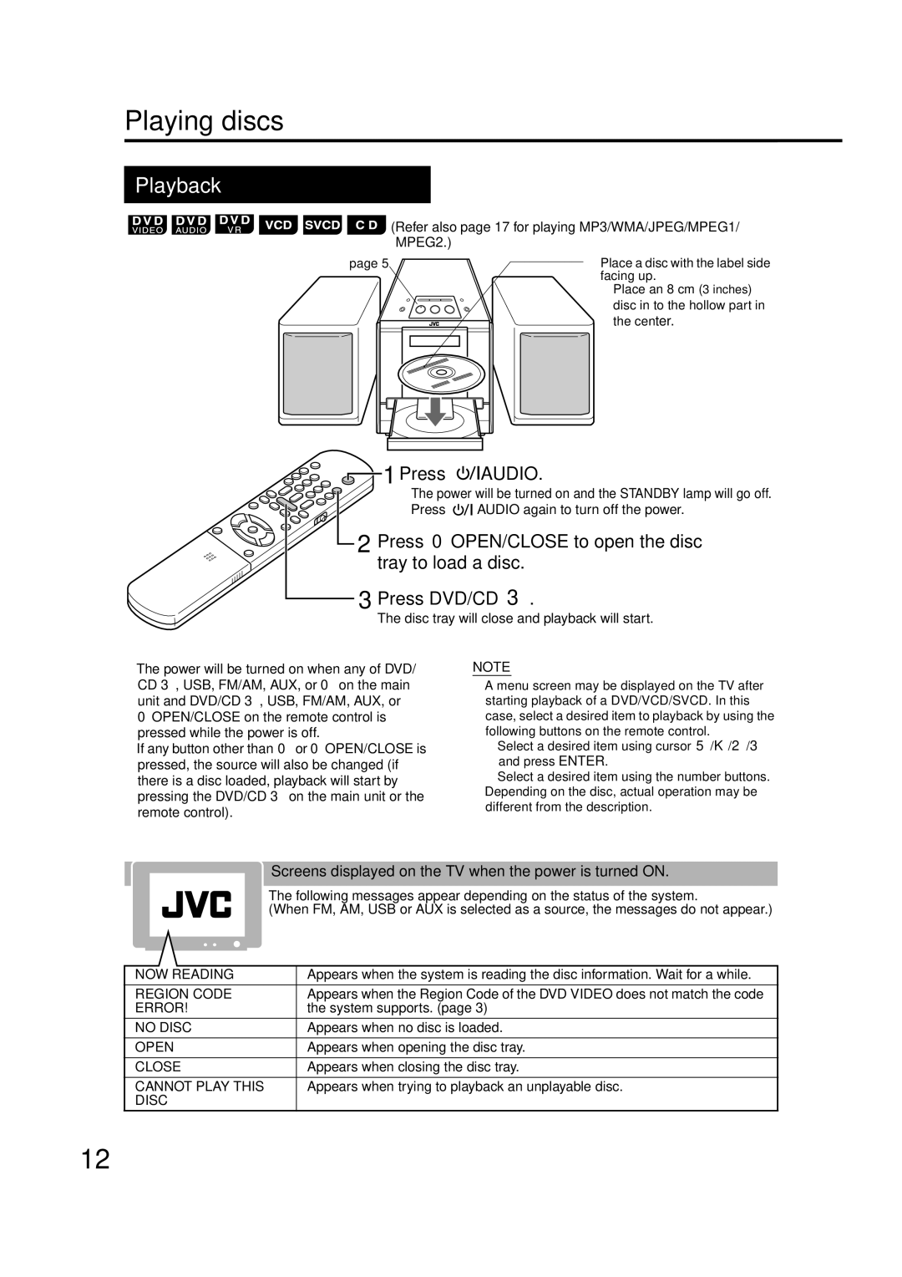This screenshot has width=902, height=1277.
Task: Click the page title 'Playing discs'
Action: point(205,122)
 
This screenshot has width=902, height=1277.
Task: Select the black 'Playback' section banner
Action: point(276,185)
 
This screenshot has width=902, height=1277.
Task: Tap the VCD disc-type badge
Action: point(278,226)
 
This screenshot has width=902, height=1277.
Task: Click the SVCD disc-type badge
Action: point(322,226)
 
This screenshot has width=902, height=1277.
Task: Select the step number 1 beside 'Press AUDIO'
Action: point(388,475)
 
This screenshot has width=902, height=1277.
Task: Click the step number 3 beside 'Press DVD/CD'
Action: point(364,599)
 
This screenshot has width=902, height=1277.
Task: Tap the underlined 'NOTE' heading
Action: point(491,667)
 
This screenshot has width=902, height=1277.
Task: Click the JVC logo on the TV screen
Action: point(197,904)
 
